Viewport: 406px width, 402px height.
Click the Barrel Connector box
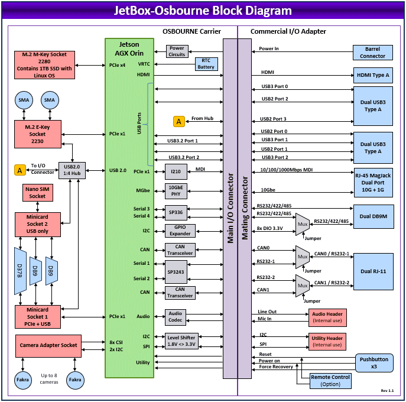pos(372,53)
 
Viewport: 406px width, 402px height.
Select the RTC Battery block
pos(206,64)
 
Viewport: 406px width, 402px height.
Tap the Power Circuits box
pos(177,51)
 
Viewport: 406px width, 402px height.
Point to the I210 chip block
pos(176,171)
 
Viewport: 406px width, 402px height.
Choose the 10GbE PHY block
pos(176,190)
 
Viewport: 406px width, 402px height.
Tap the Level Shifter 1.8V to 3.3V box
pos(180,341)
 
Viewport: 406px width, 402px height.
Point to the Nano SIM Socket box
pos(37,192)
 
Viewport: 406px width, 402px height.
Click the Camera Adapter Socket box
pos(48,345)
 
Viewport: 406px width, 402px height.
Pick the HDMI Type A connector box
pos(372,75)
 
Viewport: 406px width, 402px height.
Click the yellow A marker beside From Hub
pos(179,121)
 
